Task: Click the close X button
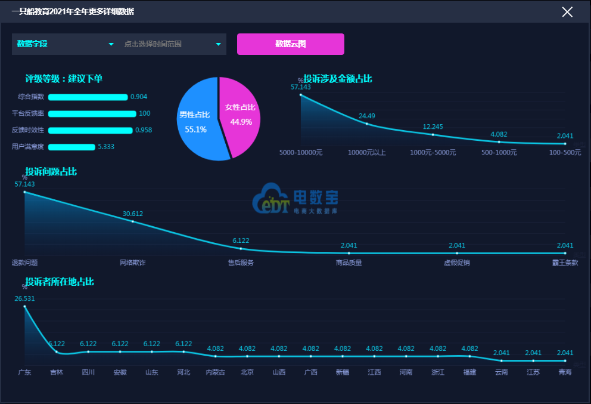[567, 12]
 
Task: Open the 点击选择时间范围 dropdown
[172, 44]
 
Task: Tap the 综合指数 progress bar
[88, 97]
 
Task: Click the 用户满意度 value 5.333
[106, 146]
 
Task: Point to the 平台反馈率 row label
[28, 113]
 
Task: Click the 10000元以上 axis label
[367, 153]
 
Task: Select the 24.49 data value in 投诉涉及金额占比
[367, 116]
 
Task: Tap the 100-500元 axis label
[565, 153]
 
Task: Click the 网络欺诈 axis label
[132, 263]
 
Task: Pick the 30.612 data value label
[133, 214]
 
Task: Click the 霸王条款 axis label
[565, 263]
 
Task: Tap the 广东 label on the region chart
[24, 372]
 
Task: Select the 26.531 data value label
[24, 298]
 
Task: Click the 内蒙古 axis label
[215, 372]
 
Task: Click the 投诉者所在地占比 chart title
[60, 282]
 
